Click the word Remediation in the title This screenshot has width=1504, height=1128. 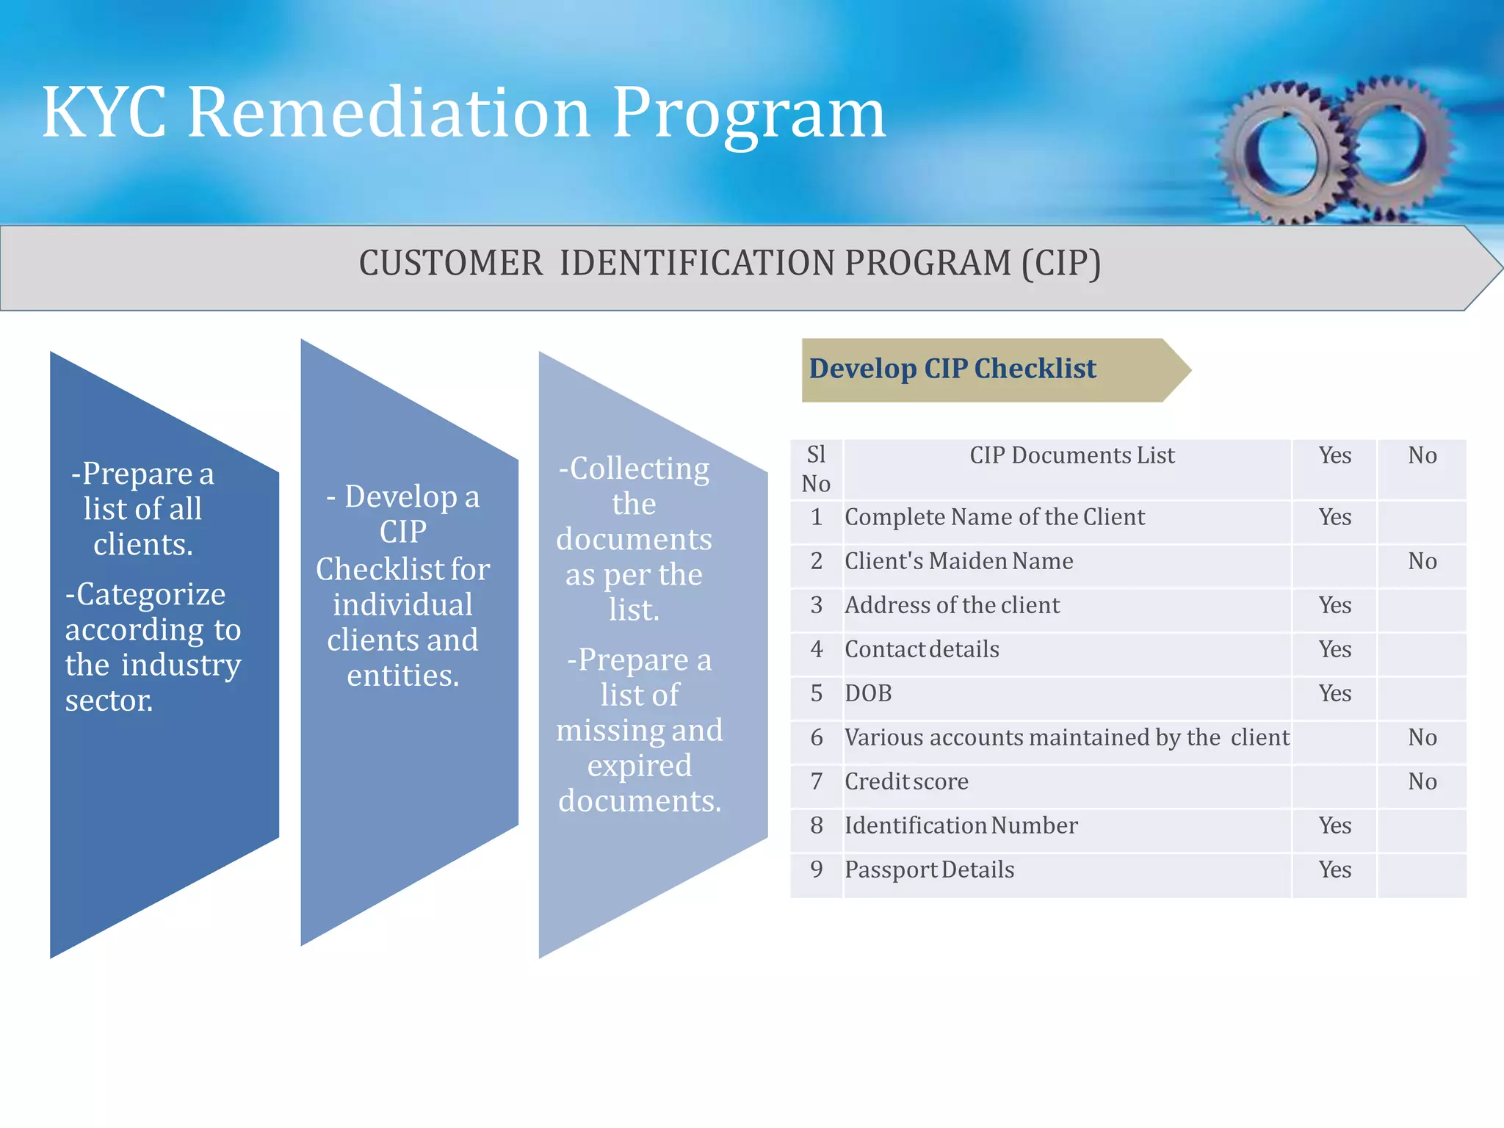point(389,114)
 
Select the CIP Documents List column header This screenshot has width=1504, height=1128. point(1071,456)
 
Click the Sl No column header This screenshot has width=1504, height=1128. point(816,469)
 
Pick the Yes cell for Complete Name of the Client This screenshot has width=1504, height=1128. point(1334,518)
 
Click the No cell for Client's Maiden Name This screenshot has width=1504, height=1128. point(1422,562)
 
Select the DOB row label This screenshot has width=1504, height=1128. point(868,694)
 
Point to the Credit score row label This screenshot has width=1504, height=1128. point(906,782)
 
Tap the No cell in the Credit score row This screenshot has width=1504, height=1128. point(1422,782)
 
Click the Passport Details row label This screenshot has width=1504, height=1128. point(929,870)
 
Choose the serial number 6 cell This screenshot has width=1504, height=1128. point(816,738)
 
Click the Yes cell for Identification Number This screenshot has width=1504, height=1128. point(1334,826)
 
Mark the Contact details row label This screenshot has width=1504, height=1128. point(922,650)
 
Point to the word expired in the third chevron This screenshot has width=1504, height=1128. point(639,766)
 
